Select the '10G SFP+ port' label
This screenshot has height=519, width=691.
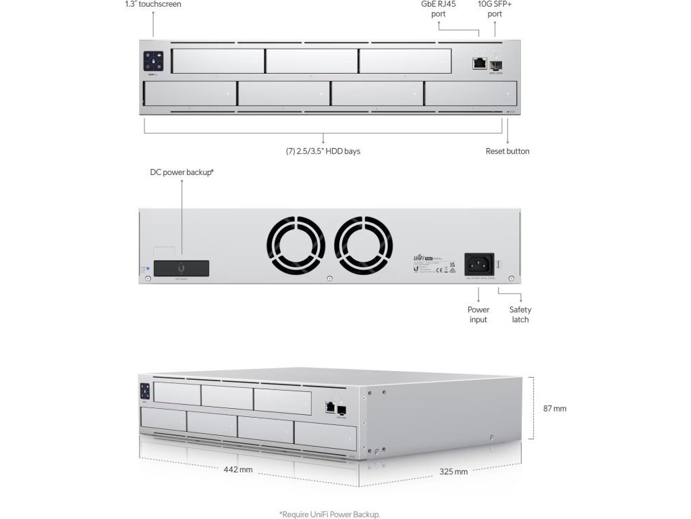[x=495, y=9]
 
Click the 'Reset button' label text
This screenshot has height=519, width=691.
[x=507, y=151]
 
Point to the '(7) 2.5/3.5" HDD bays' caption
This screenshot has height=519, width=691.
[x=323, y=151]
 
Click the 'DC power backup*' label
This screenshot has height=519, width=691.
[x=182, y=172]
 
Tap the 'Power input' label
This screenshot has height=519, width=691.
[x=478, y=314]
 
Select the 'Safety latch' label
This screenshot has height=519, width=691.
[x=520, y=314]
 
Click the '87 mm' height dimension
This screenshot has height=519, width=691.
[x=555, y=409]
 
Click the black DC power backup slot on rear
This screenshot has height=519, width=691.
[x=181, y=268]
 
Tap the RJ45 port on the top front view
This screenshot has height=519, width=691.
[x=480, y=63]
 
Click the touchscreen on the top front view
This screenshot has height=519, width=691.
[x=154, y=62]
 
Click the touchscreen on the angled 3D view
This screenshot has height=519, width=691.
[x=144, y=393]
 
